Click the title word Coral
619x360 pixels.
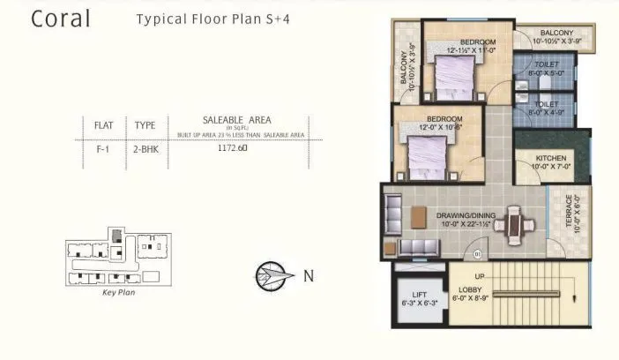point(61,20)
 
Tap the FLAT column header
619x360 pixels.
point(104,125)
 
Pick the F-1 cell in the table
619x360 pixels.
point(104,150)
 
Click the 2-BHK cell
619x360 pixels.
point(145,150)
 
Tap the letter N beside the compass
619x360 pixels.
point(308,275)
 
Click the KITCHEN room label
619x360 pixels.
point(551,159)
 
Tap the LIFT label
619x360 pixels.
point(414,296)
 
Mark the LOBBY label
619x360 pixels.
point(468,289)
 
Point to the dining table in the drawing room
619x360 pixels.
point(511,224)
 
